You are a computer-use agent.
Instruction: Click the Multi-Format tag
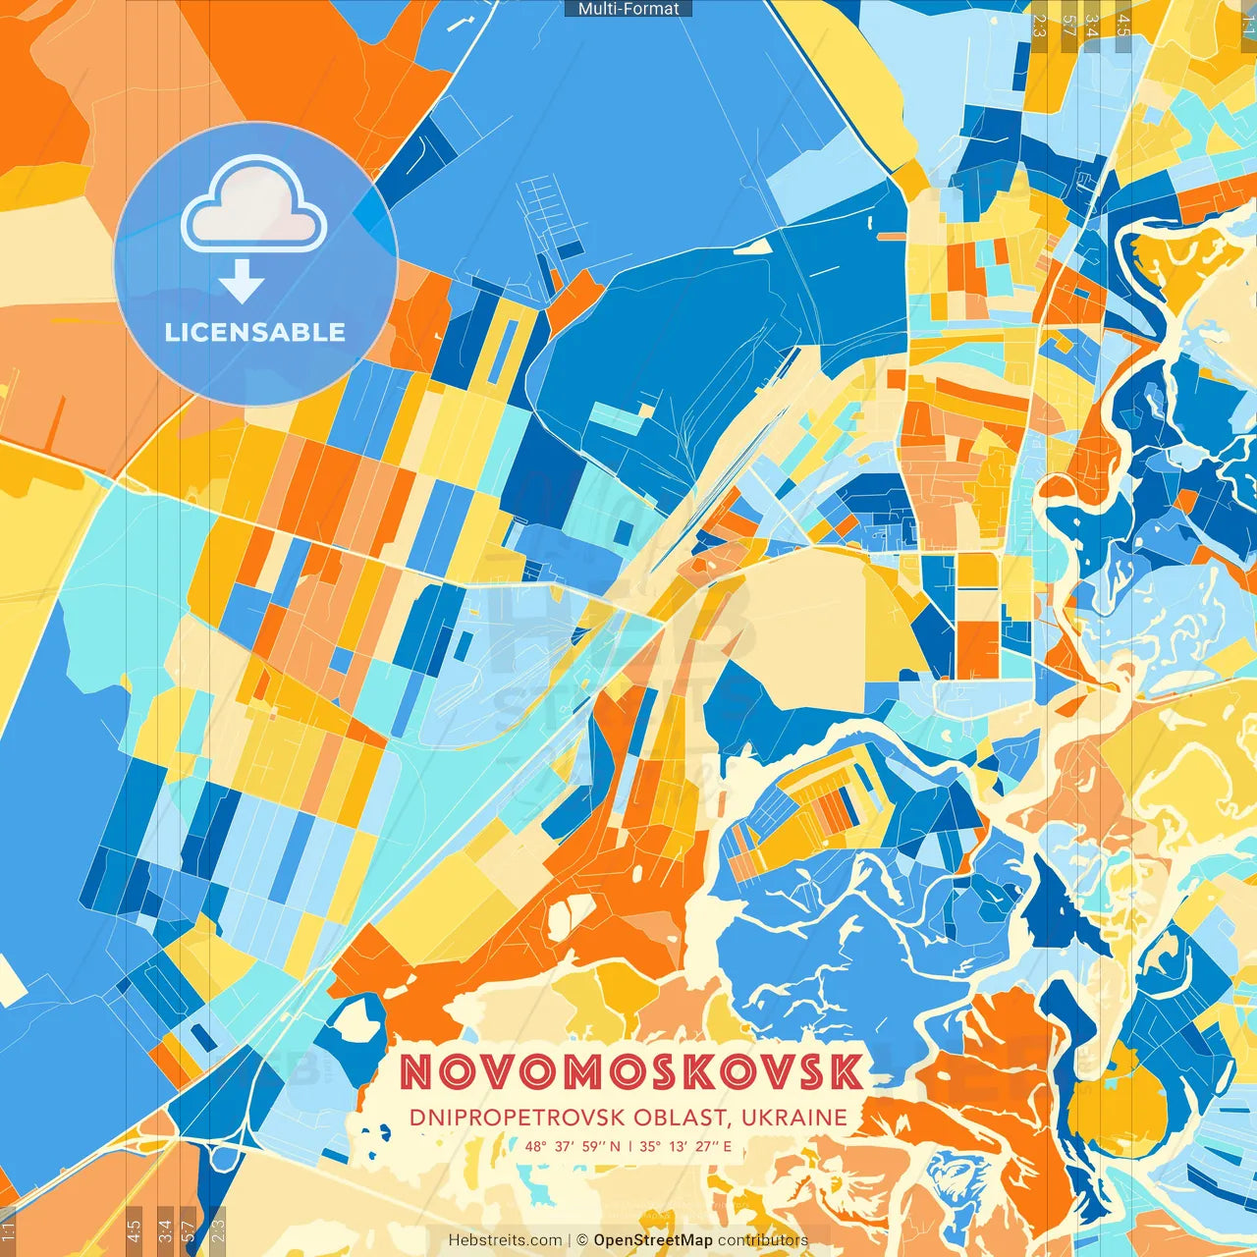click(x=628, y=9)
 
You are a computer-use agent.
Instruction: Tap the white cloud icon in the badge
click(x=254, y=202)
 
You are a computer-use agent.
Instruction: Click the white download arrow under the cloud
click(x=242, y=281)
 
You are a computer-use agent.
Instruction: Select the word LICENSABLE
click(x=255, y=332)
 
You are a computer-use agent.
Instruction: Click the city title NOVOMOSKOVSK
click(x=631, y=1072)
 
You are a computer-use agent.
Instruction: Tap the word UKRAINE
click(x=794, y=1118)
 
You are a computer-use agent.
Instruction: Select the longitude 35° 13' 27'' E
click(x=685, y=1146)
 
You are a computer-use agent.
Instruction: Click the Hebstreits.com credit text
click(x=505, y=1240)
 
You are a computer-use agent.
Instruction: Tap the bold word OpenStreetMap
click(x=653, y=1240)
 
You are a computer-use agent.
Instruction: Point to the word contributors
click(x=763, y=1240)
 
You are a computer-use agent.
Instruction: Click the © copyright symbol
click(x=582, y=1240)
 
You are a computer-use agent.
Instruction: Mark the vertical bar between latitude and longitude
click(x=628, y=1146)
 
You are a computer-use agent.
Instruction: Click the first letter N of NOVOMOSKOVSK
click(x=416, y=1072)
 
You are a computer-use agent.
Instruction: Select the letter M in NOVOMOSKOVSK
click(x=586, y=1072)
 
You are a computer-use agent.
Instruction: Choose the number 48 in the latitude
click(x=534, y=1146)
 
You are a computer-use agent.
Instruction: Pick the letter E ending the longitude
click(x=728, y=1146)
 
